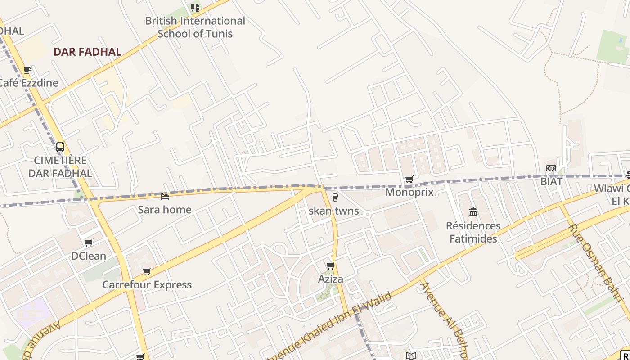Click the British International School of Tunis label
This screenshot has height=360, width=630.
(195, 27)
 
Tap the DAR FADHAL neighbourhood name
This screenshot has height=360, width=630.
(87, 52)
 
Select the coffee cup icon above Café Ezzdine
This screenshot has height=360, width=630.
(27, 70)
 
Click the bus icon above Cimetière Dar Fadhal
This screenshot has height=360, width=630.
(60, 147)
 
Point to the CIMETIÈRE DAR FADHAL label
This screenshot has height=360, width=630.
(60, 167)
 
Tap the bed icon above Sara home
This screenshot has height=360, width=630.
(165, 196)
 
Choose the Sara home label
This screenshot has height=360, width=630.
(165, 210)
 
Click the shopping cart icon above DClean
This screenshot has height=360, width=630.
(89, 243)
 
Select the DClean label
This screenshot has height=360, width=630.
(89, 256)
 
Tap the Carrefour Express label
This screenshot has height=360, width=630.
(147, 285)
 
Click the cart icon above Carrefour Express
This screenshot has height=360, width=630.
(147, 272)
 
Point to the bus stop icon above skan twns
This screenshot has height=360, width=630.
(335, 197)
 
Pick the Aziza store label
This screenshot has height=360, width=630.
(331, 279)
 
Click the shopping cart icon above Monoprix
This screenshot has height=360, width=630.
(409, 180)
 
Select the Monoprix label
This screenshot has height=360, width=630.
(409, 193)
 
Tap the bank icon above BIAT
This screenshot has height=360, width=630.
(551, 168)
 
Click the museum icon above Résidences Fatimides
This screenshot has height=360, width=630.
(473, 212)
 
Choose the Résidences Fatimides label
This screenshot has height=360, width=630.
(473, 232)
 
